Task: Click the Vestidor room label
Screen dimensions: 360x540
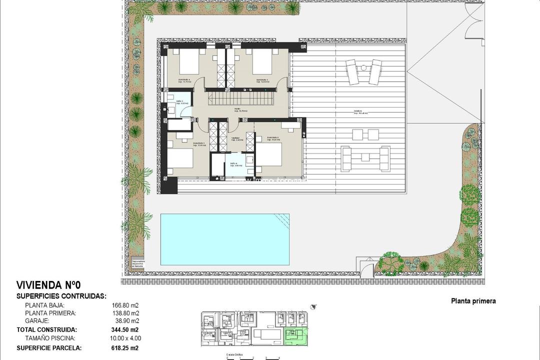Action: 235,138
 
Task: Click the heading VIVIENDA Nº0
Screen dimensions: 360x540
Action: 48,285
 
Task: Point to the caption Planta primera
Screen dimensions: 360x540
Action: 473,301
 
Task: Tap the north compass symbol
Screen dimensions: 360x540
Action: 313,307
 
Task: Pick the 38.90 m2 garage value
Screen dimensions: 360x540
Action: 126,321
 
